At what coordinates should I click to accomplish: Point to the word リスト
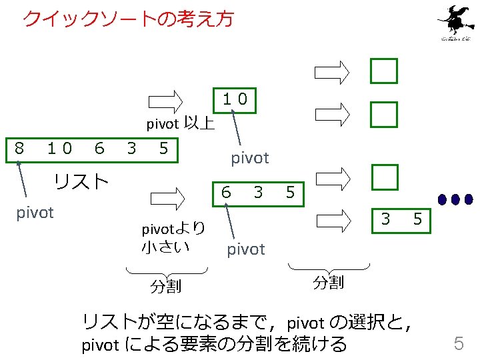81,181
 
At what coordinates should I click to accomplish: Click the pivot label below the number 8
34,213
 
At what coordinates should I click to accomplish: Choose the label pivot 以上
181,123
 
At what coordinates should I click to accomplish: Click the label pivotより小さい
172,237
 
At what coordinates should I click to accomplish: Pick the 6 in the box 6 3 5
227,193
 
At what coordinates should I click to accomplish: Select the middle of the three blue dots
457,199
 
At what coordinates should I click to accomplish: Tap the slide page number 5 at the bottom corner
459,343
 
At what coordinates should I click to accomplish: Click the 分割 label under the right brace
328,283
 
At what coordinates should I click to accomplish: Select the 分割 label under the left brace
166,287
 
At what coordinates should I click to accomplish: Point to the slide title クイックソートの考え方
128,19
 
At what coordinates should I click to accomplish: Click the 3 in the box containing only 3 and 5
385,219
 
